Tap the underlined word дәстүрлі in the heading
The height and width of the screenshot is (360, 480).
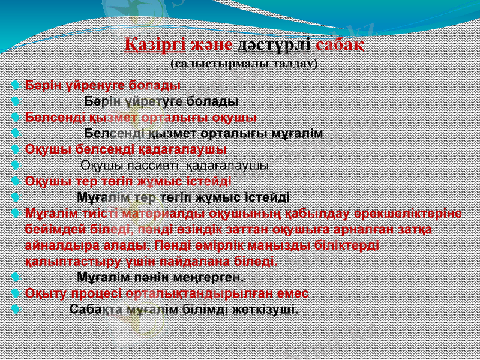coord(274,44)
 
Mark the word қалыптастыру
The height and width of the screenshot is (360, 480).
coord(66,262)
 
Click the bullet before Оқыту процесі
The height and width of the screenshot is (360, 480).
coord(14,293)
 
